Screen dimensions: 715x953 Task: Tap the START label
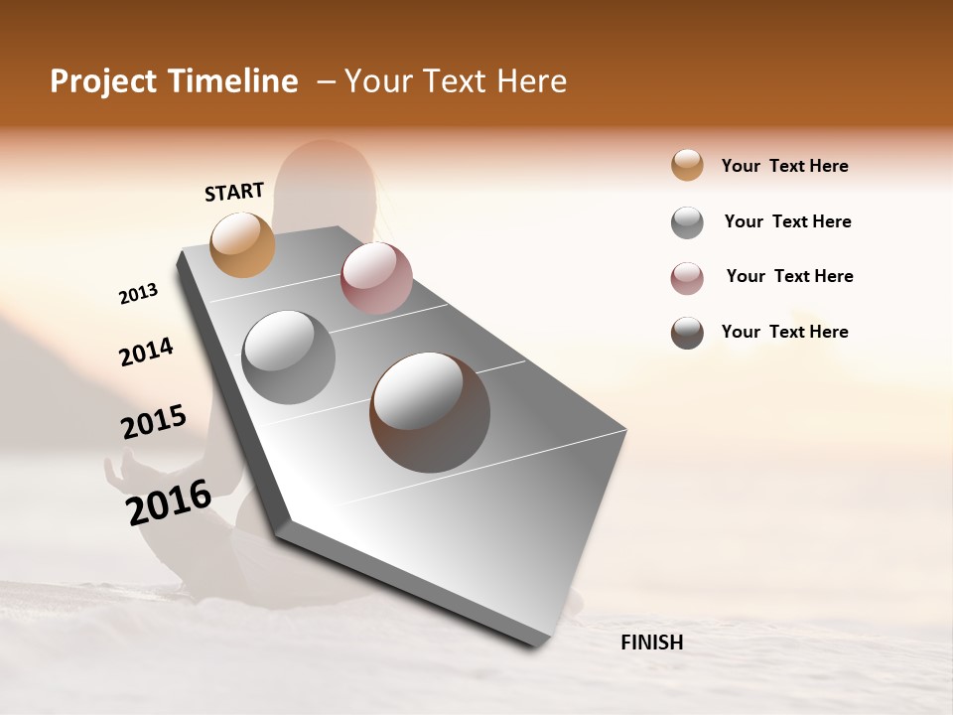click(234, 192)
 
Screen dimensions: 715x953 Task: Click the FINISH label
click(651, 643)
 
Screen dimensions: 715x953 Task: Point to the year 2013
click(138, 294)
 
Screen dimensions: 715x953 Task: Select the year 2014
click(146, 352)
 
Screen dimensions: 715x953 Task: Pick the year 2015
click(154, 422)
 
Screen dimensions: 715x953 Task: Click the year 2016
click(169, 502)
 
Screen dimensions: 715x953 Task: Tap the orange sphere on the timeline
click(243, 244)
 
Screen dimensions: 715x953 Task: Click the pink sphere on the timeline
click(376, 278)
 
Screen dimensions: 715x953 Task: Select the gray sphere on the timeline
click(288, 357)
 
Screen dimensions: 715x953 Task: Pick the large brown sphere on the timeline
click(430, 412)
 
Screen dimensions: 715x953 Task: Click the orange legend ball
click(687, 166)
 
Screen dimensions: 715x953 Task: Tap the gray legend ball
click(687, 222)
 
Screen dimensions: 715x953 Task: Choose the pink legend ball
click(687, 278)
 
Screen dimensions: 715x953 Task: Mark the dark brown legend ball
click(687, 333)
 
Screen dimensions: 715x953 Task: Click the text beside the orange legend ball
click(784, 166)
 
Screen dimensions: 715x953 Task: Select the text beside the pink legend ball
click(789, 276)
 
